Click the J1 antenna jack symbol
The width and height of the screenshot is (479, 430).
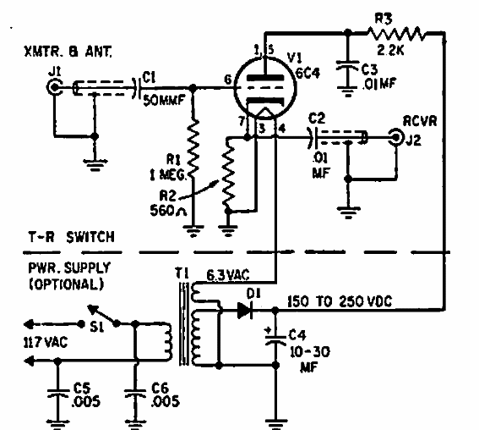[x=55, y=87]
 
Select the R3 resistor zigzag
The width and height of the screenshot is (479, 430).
[x=396, y=33]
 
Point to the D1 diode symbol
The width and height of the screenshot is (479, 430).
[x=245, y=310]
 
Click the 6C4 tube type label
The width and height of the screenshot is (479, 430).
[x=308, y=73]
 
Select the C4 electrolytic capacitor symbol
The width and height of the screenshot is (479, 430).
[x=275, y=338]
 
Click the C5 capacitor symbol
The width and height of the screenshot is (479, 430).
[x=58, y=393]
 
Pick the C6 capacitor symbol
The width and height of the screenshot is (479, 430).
[x=135, y=393]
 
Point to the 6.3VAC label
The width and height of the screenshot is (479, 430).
[x=228, y=275]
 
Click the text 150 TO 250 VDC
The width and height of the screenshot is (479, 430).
[x=340, y=301]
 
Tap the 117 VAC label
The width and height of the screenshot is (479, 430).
[x=46, y=342]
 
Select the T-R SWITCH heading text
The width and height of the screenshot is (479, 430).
[x=72, y=237]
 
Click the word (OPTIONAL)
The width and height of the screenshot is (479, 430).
[x=66, y=284]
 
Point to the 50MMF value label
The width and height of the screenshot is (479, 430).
[x=164, y=100]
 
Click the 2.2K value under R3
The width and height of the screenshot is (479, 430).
[x=390, y=50]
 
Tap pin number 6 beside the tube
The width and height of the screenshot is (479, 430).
[x=228, y=80]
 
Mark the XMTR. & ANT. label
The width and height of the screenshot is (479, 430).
[x=68, y=52]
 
